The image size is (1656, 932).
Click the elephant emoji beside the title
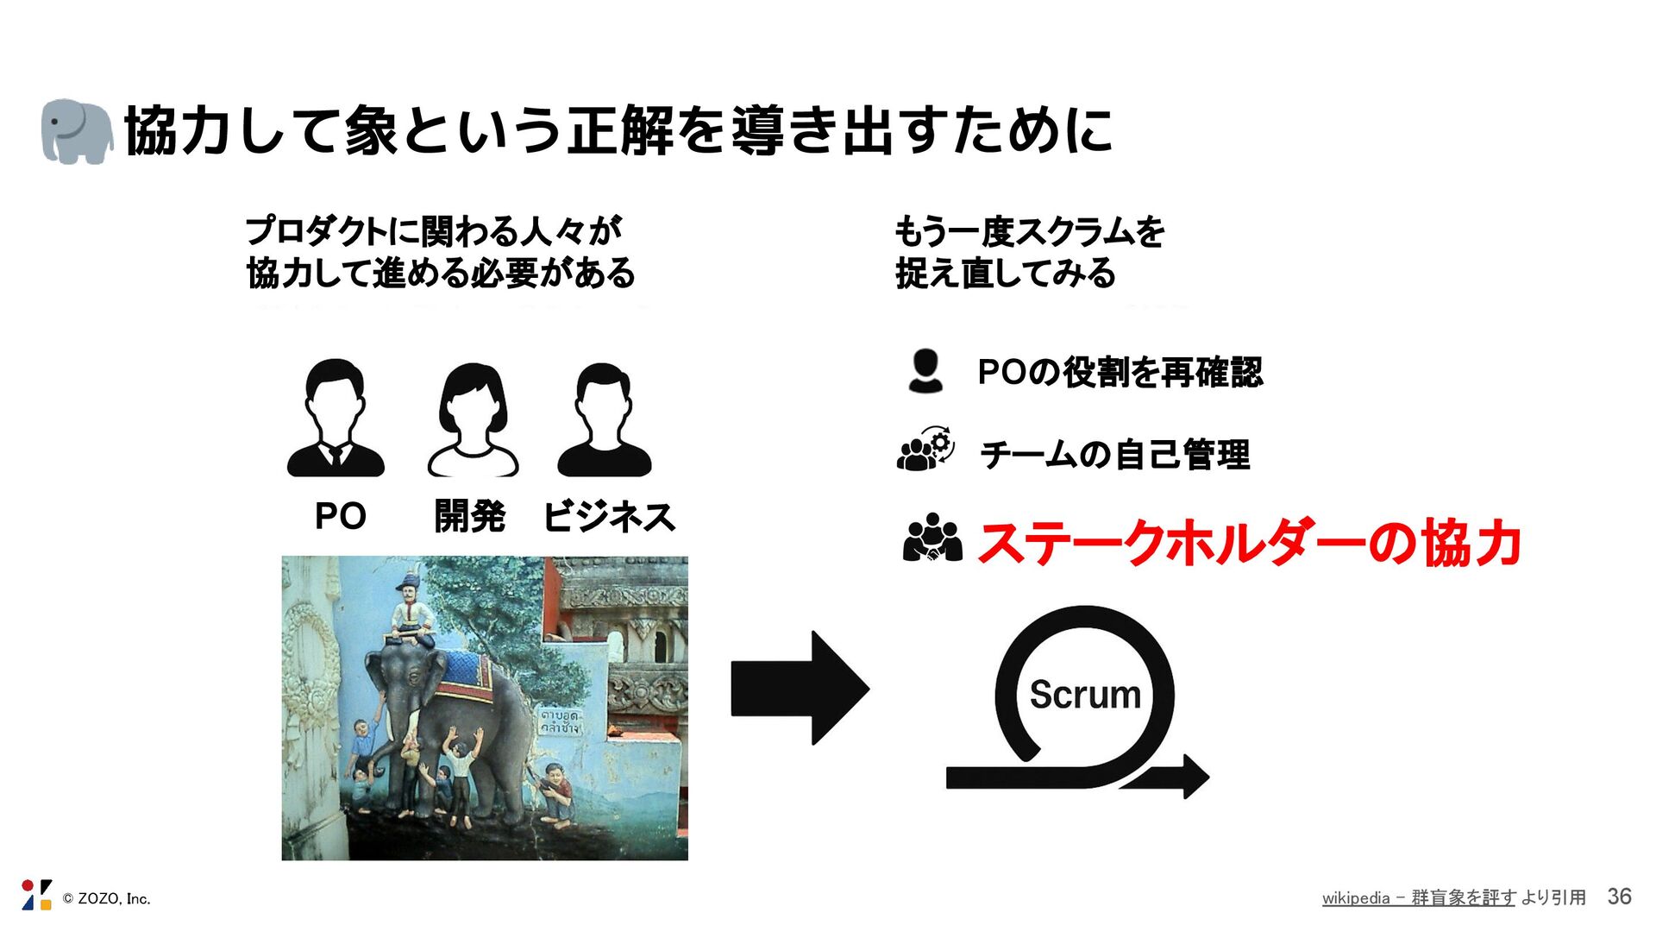pos(77,131)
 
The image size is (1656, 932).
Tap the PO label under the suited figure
pos(341,516)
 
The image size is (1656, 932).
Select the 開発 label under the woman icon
pos(469,516)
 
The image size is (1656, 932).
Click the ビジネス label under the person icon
pos(609,517)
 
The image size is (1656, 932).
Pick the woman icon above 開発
pos(473,420)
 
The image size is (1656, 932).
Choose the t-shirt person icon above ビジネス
pos(604,420)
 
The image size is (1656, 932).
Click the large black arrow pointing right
pos(800,688)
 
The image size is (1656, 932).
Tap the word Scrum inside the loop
pos(1085,695)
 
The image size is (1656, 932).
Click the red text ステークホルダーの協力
pos(1249,544)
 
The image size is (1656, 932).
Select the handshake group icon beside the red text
pos(931,538)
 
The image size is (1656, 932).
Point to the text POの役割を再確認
pos(1120,373)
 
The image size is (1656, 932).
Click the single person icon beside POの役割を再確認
pos(925,372)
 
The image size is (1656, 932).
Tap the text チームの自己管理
pos(1114,455)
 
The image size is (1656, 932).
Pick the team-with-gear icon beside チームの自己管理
pos(925,450)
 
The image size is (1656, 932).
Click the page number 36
pos(1619,897)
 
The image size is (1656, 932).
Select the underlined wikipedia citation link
pos(1418,897)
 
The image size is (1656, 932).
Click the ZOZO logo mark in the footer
pos(36,895)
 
